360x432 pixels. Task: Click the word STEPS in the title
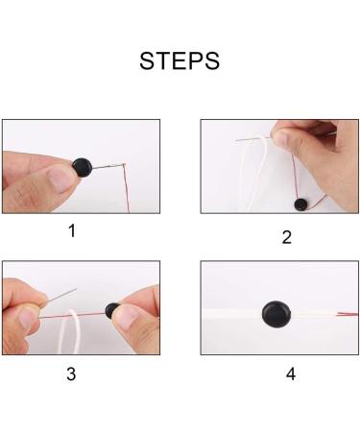pyautogui.click(x=180, y=60)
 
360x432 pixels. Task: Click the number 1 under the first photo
pyautogui.click(x=70, y=230)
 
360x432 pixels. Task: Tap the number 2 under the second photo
pyautogui.click(x=286, y=237)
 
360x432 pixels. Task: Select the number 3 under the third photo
pyautogui.click(x=70, y=373)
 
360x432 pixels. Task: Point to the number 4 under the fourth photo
pyautogui.click(x=290, y=373)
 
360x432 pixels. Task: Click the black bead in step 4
pyautogui.click(x=276, y=314)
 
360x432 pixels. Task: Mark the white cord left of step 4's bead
pyautogui.click(x=230, y=313)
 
